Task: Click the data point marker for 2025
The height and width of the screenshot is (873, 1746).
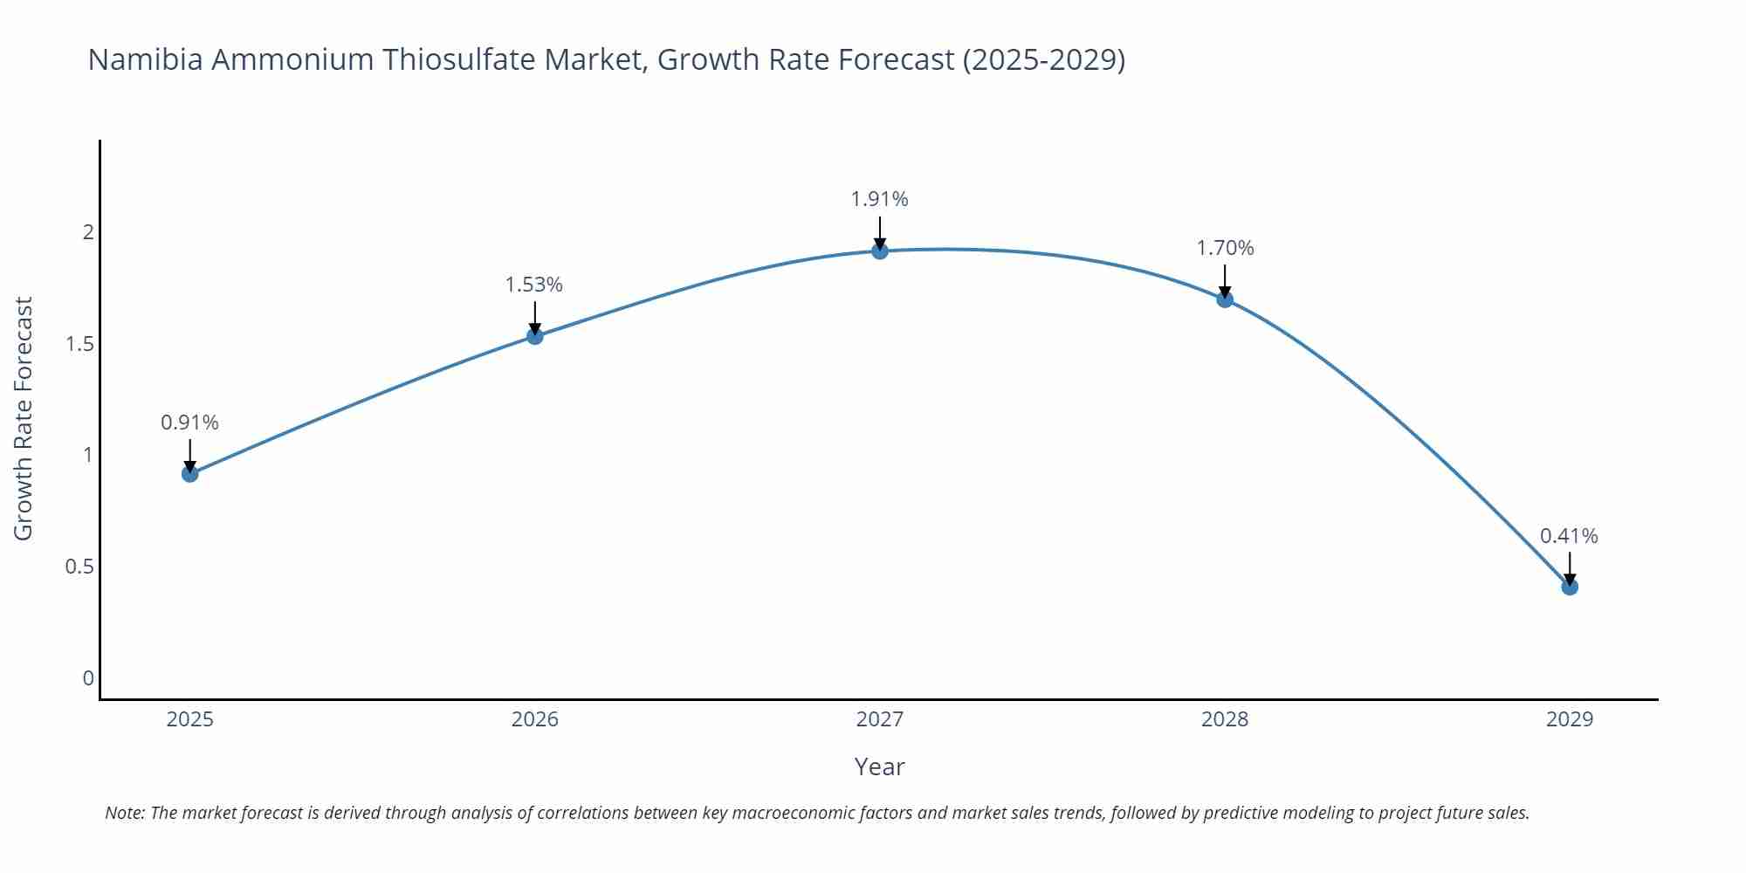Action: click(x=190, y=474)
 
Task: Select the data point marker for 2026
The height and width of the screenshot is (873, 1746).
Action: click(x=535, y=336)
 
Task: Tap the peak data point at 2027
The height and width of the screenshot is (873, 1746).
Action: click(x=880, y=251)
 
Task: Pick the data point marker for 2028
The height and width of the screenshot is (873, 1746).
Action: click(x=1225, y=299)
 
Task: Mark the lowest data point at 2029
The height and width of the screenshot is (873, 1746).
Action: click(x=1570, y=587)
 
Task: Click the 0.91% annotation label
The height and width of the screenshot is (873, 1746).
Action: click(x=189, y=423)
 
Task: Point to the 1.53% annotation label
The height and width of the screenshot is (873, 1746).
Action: click(x=534, y=285)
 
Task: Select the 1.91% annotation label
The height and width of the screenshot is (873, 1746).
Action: click(x=879, y=199)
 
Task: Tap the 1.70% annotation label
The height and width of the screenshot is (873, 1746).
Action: click(x=1225, y=248)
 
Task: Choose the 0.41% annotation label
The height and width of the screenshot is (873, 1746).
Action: click(x=1569, y=536)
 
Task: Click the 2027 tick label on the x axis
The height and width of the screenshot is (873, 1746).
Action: click(x=880, y=719)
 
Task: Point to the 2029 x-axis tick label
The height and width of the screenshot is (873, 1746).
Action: click(x=1570, y=719)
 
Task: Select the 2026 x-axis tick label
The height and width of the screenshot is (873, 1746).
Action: click(x=535, y=719)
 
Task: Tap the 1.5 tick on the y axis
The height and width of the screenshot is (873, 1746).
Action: click(x=79, y=344)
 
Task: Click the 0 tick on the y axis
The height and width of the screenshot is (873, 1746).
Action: click(x=88, y=678)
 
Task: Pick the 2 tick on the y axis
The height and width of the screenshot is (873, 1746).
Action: click(x=88, y=232)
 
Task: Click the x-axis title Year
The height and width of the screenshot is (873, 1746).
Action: click(x=879, y=766)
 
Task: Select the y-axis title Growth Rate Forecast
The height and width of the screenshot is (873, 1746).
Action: click(x=24, y=418)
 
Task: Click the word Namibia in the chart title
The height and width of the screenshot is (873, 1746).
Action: click(x=144, y=59)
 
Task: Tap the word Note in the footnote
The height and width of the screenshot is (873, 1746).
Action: click(x=124, y=813)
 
